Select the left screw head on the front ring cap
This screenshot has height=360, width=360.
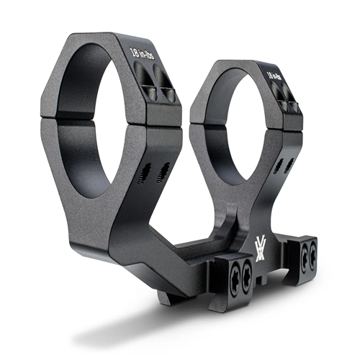pyautogui.click(x=142, y=74)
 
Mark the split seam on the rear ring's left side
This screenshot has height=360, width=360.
pyautogui.click(x=202, y=127)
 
